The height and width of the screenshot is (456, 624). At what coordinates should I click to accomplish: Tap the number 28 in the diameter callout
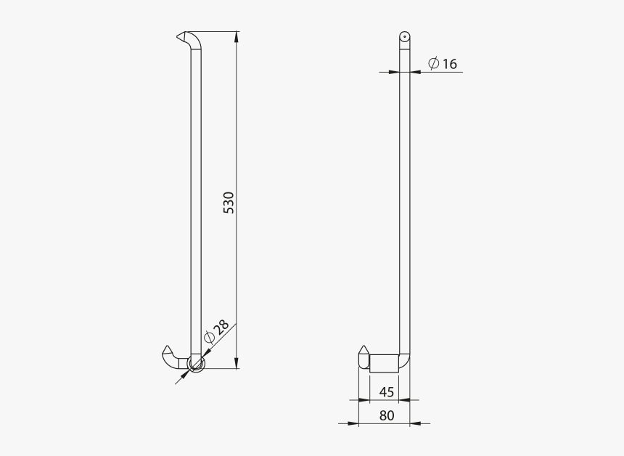(x=221, y=327)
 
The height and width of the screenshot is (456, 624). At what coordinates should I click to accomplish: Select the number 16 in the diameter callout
(x=449, y=64)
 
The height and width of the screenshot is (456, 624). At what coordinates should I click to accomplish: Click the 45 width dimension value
(x=386, y=392)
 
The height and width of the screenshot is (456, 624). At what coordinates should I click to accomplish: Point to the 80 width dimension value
(x=386, y=416)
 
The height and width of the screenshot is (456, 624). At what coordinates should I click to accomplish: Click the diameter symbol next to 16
(x=432, y=64)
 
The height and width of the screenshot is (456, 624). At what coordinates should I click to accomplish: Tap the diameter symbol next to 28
(x=209, y=337)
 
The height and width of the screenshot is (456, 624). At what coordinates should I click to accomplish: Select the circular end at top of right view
(x=404, y=37)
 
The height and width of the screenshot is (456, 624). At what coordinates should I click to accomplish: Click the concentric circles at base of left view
(x=196, y=362)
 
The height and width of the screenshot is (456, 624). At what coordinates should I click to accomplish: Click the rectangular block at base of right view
(x=384, y=362)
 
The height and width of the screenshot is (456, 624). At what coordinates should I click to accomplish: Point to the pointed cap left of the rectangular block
(x=364, y=358)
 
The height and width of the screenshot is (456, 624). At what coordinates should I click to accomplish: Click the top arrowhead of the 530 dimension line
(x=237, y=36)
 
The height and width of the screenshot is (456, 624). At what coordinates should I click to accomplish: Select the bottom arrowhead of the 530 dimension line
(x=237, y=365)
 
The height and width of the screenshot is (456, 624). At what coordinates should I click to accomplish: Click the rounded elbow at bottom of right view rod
(x=405, y=359)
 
